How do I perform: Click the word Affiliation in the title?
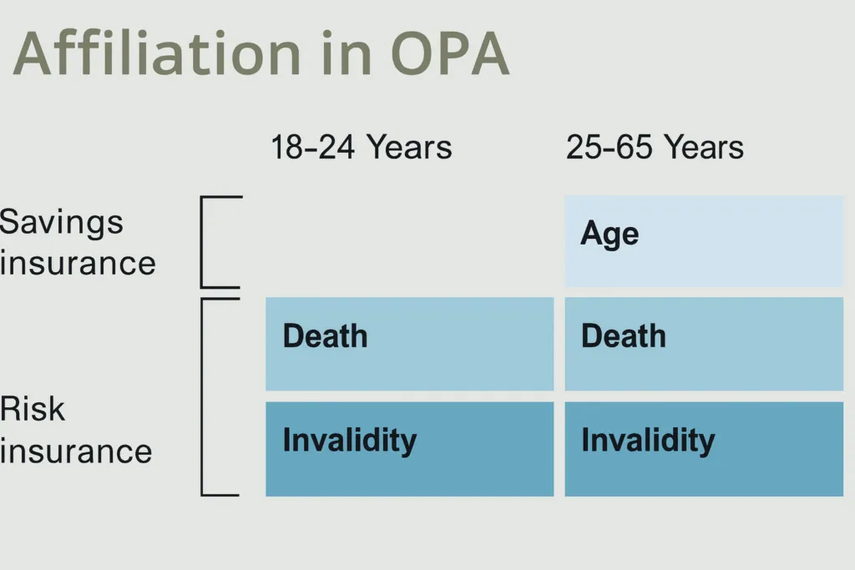coord(157,53)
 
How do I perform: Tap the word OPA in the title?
coord(450,53)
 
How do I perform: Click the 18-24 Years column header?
coord(362,147)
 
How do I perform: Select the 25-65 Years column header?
coord(655,147)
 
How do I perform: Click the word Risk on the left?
coord(33,409)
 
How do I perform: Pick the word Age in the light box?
coord(610,235)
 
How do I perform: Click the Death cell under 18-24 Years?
coord(409,344)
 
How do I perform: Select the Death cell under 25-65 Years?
coord(704,344)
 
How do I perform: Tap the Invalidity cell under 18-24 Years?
coord(409,449)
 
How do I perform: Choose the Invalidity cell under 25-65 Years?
coord(704,449)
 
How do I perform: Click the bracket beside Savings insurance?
coord(202,241)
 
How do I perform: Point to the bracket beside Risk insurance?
coord(202,396)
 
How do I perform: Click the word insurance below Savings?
coord(78,263)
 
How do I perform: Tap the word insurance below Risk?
coord(76,451)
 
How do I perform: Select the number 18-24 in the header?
coord(313,147)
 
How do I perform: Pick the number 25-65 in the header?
coord(609,147)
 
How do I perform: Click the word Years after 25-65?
coord(705,147)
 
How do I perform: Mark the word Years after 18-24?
coord(409,147)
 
